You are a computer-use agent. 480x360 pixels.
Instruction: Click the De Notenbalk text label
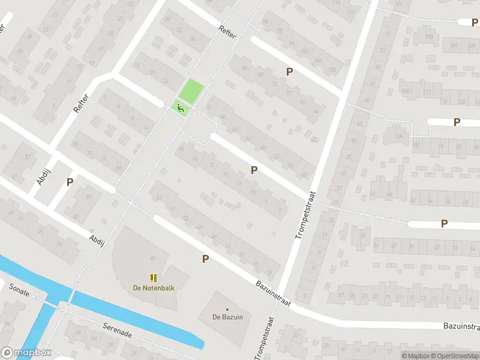pyautogui.click(x=154, y=287)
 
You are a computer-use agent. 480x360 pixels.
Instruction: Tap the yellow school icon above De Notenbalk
pyautogui.click(x=154, y=277)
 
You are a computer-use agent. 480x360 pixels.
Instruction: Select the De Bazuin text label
pyautogui.click(x=227, y=317)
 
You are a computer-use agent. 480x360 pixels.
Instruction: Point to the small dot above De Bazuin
pyautogui.click(x=227, y=309)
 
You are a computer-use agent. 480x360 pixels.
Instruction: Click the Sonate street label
pyautogui.click(x=19, y=288)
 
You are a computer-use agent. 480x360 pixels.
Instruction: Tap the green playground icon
pyautogui.click(x=179, y=107)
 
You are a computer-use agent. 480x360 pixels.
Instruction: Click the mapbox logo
pyautogui.click(x=26, y=353)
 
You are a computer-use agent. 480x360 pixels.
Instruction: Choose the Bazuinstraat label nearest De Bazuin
pyautogui.click(x=272, y=293)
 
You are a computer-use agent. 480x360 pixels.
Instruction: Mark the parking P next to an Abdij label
pyautogui.click(x=70, y=182)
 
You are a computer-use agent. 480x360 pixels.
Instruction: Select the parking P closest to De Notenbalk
pyautogui.click(x=205, y=259)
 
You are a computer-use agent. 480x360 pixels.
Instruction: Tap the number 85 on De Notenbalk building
pyautogui.click(x=152, y=258)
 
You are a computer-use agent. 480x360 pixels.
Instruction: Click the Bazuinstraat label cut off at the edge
pyautogui.click(x=462, y=326)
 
